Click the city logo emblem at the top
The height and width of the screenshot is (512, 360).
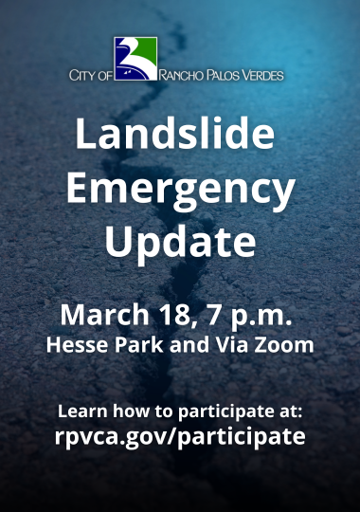pos(135,58)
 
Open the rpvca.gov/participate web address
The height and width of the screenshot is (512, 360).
pos(180,437)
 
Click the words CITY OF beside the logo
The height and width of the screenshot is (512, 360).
pos(90,74)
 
